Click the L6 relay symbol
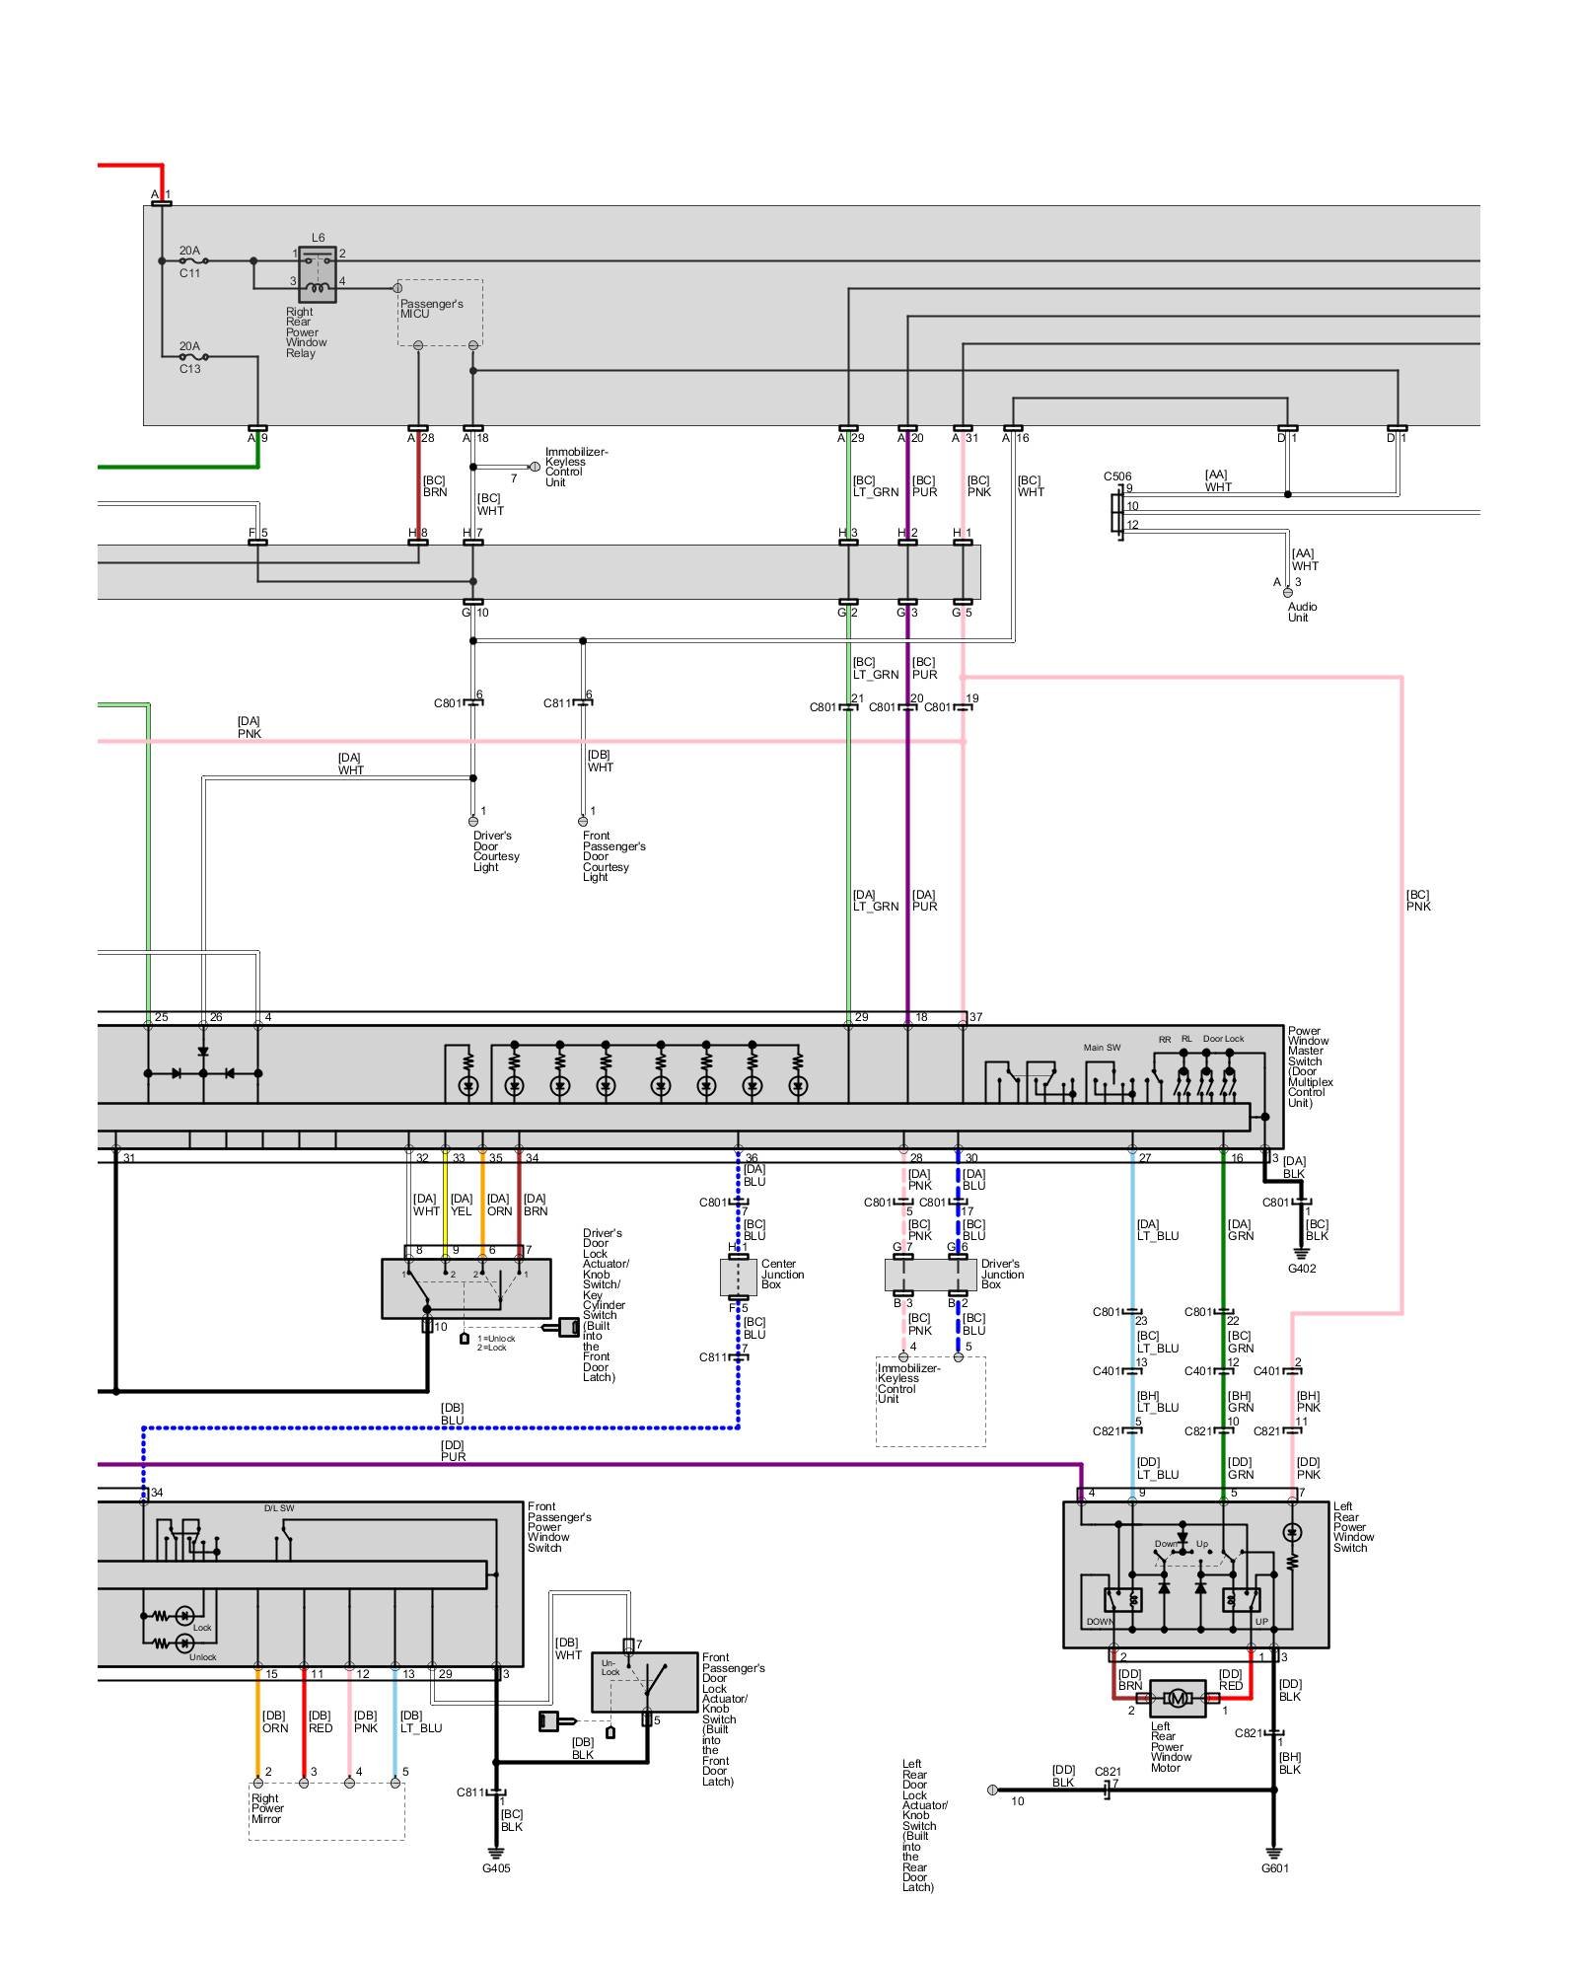click(318, 273)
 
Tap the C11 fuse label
click(189, 273)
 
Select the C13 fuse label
click(189, 369)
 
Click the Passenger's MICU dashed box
click(440, 312)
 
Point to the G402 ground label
click(1302, 1269)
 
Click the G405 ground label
click(496, 1868)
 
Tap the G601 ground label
click(1274, 1868)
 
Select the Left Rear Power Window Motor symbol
click(1178, 1698)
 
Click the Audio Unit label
click(1302, 612)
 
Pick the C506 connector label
click(1117, 476)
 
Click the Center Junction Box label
click(782, 1274)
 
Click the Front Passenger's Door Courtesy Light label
click(613, 856)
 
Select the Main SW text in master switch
click(1102, 1048)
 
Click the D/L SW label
click(279, 1508)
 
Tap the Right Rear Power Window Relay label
click(306, 332)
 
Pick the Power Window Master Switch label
click(1310, 1066)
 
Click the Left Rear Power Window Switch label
click(1353, 1527)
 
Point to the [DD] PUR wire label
click(453, 1450)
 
